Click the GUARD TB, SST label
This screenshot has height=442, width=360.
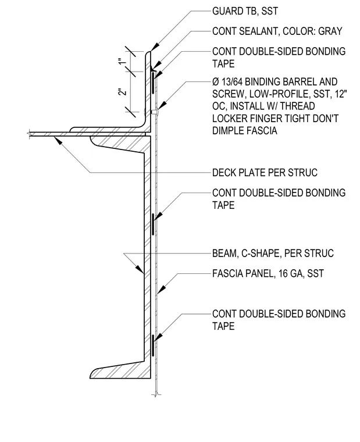(245, 11)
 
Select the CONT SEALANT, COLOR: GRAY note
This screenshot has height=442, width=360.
(277, 31)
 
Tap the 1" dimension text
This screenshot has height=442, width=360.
(122, 62)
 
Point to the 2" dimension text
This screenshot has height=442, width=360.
(122, 92)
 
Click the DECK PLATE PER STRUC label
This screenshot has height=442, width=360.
(265, 173)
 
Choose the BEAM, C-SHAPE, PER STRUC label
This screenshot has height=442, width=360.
(273, 253)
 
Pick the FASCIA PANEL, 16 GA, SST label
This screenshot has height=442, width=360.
(268, 273)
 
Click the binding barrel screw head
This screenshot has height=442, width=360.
(155, 112)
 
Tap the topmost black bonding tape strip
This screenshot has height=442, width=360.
(152, 83)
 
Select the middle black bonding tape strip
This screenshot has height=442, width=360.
(152, 224)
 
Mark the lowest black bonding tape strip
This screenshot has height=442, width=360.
(152, 345)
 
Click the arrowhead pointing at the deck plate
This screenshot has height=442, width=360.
(58, 140)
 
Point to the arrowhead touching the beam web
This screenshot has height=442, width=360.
(140, 269)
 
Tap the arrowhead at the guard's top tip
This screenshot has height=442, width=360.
(154, 47)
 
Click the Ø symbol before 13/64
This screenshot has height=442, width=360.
(216, 82)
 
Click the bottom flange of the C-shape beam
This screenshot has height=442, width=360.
(120, 370)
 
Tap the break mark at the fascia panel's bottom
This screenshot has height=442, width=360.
(156, 394)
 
